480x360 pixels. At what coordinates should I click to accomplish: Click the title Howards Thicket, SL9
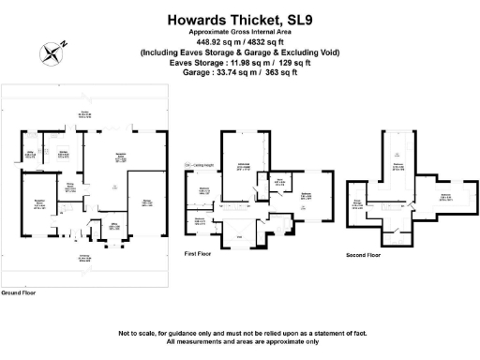(239, 18)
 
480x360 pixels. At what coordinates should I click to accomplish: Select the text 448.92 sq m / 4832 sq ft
(239, 41)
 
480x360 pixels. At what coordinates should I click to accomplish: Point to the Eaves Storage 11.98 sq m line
(239, 62)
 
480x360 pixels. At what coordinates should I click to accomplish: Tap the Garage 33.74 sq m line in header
(239, 72)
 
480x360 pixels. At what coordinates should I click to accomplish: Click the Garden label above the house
(83, 117)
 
